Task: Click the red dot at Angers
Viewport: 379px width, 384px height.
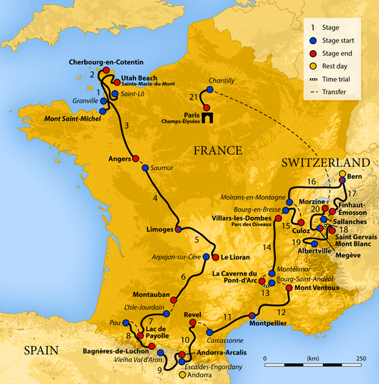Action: coord(136,160)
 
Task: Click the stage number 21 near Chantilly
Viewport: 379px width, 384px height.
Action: coord(194,96)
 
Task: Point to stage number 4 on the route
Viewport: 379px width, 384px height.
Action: coord(156,199)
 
